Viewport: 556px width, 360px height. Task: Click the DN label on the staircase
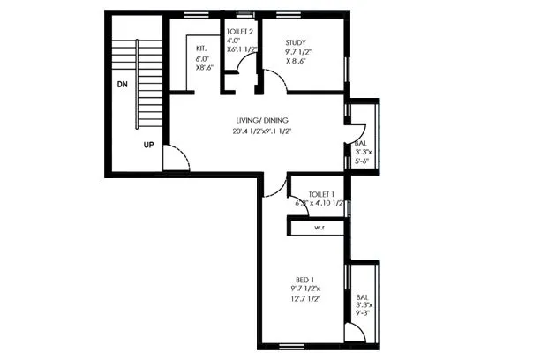coord(122,86)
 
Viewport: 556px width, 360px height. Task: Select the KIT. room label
coord(201,48)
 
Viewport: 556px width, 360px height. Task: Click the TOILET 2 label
coord(239,30)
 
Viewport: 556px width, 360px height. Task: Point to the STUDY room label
coord(297,42)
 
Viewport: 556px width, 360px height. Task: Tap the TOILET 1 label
coord(321,194)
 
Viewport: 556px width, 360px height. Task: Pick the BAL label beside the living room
coord(360,142)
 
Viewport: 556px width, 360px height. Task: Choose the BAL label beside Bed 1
coord(362,296)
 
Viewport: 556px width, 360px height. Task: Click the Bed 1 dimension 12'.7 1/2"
coord(304,299)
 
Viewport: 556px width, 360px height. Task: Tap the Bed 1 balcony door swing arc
coord(357,333)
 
